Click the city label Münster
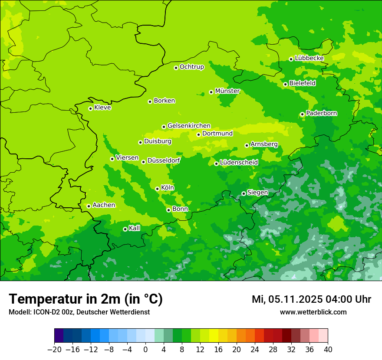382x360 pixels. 227,91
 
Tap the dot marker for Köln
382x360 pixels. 157,189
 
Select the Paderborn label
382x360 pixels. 322,113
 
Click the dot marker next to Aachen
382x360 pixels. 89,206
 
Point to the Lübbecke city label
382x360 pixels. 309,58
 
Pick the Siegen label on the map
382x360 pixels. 258,193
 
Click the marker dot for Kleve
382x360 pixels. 90,108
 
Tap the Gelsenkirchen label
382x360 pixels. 189,126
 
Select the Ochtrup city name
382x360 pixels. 192,67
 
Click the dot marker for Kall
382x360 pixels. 125,229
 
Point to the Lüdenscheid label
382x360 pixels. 239,163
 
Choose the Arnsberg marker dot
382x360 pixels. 247,145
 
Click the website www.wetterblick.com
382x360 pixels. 313,312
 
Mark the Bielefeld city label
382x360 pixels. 303,83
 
